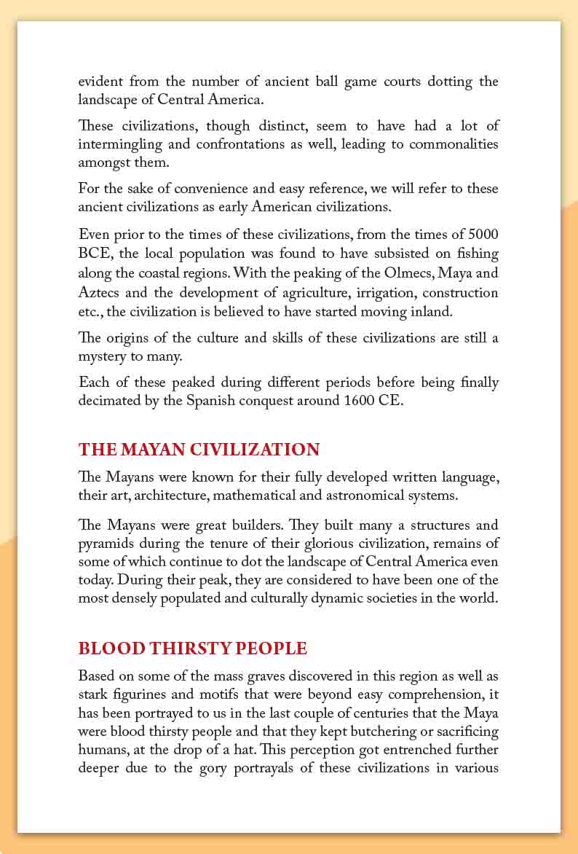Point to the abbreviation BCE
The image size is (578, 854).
[92, 254]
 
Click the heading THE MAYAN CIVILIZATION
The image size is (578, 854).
[199, 449]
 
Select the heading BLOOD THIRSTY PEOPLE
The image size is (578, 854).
[193, 648]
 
